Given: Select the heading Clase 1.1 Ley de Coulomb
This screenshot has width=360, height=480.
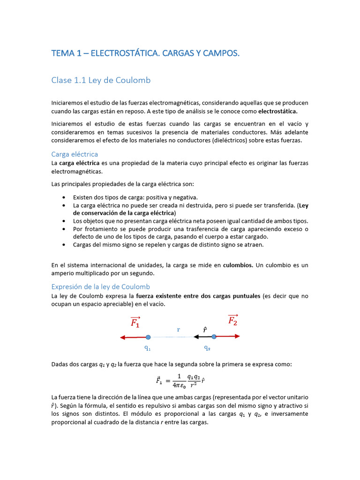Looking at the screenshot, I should point(101,80).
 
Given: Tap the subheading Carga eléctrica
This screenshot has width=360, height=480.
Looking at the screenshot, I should point(75,154).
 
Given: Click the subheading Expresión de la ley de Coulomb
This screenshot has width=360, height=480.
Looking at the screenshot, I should point(100,286).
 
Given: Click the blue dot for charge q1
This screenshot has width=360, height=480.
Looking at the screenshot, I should point(148,337).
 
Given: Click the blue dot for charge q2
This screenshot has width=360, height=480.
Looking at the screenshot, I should point(214,337).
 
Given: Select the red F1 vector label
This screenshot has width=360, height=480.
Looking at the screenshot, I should point(135,322).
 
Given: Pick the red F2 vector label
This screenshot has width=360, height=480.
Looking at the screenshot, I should point(232,320).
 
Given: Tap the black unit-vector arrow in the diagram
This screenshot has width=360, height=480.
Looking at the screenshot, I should point(202,337).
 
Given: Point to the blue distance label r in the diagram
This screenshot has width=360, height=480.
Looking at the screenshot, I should point(179,330).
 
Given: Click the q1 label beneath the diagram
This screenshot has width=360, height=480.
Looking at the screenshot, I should point(148,348).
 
